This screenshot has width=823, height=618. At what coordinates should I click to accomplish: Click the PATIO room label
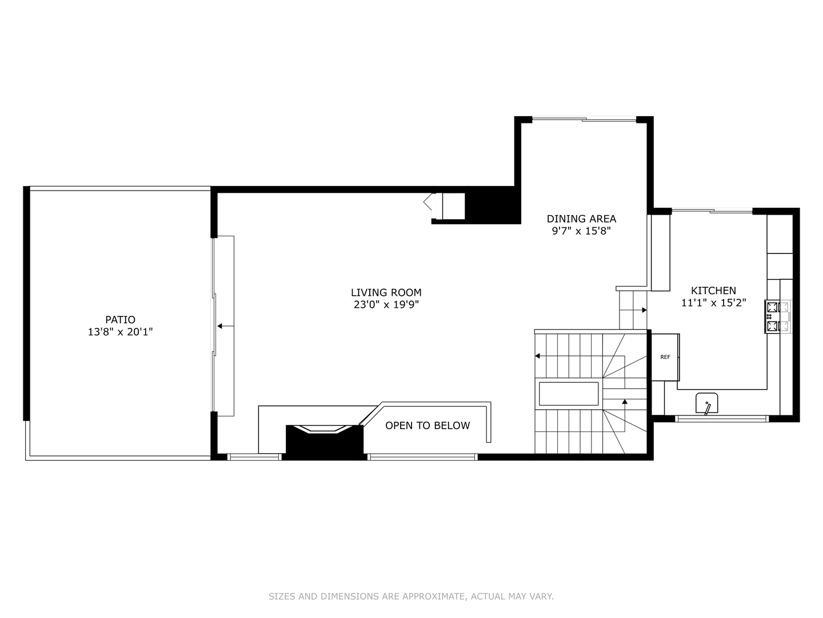tap(120, 319)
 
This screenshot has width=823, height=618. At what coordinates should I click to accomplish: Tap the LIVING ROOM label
tap(386, 292)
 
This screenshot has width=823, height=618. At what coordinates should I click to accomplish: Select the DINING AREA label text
tap(581, 219)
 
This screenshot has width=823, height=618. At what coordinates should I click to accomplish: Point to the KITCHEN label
tap(713, 290)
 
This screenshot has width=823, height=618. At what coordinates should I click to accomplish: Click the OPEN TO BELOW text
tap(428, 425)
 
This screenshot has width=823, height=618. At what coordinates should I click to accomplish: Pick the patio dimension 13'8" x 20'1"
tap(120, 332)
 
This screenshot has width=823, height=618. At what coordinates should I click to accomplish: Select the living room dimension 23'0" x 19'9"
tap(386, 305)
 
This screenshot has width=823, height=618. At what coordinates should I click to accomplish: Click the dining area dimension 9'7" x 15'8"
tap(581, 231)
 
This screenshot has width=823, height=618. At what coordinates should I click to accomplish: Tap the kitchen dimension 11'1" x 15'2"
tap(713, 303)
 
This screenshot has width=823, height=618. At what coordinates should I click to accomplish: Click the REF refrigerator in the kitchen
tap(665, 357)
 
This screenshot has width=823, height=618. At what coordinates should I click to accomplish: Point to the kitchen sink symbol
tap(707, 403)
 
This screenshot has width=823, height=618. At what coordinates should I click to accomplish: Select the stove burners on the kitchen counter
tap(777, 316)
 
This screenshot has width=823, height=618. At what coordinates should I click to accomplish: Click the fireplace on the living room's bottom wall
tap(324, 441)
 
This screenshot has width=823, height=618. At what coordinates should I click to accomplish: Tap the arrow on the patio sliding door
tap(225, 326)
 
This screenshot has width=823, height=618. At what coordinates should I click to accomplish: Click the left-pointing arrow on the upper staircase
tap(538, 356)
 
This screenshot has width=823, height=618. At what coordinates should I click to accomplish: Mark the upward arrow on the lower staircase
tap(625, 403)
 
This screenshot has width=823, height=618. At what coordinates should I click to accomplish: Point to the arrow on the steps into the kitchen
tap(644, 310)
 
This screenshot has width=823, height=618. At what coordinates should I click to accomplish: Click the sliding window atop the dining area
tap(584, 119)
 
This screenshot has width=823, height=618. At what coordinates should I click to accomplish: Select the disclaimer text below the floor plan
tap(411, 596)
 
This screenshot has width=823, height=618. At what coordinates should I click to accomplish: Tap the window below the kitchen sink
tap(722, 419)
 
